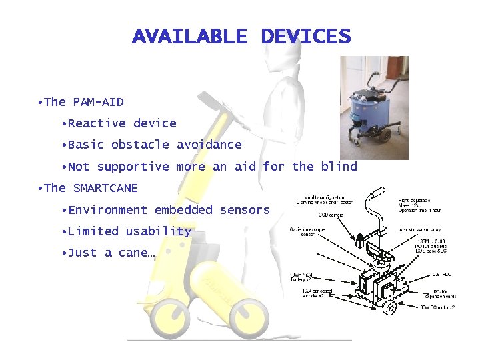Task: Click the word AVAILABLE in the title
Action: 189,36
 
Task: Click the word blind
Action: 339,167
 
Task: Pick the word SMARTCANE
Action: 105,188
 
